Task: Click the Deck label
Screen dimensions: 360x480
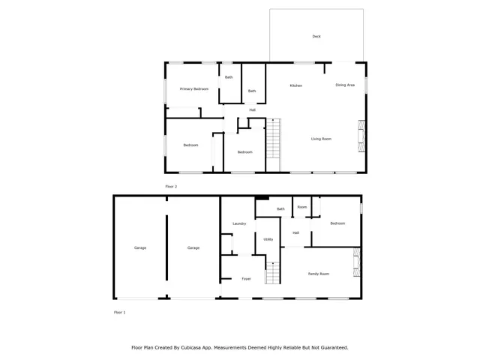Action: [x=316, y=36]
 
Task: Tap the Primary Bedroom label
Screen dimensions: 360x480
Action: [x=193, y=89]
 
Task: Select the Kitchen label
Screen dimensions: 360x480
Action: [x=296, y=85]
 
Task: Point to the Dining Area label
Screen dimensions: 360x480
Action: [x=345, y=85]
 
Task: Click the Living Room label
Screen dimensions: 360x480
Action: [x=322, y=139]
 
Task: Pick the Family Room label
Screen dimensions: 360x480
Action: [x=319, y=274]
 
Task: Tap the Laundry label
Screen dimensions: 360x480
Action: [x=239, y=223]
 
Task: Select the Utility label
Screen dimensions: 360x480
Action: [x=268, y=239]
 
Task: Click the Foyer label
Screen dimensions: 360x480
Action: [x=246, y=279]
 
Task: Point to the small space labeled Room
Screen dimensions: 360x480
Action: [x=301, y=207]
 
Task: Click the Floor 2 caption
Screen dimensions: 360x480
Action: [x=171, y=186]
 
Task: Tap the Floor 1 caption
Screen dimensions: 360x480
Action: [x=119, y=312]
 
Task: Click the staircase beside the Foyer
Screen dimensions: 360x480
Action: [x=273, y=273]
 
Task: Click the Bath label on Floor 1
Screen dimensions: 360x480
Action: [x=280, y=209]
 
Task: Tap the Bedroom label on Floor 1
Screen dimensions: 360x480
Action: [x=337, y=223]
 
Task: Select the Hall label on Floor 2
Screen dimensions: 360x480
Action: [x=253, y=110]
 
